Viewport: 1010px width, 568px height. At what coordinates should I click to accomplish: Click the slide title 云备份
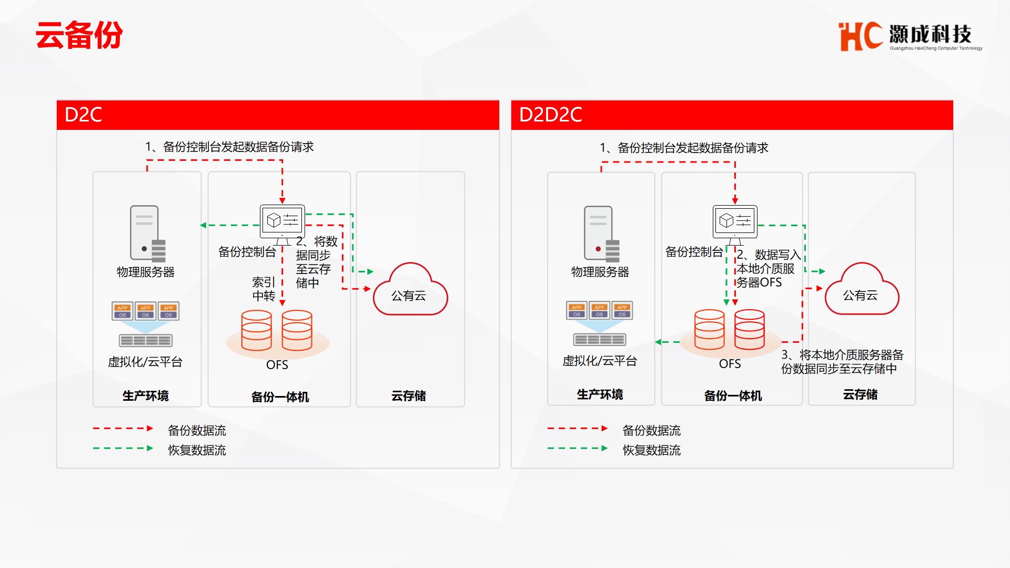pos(79,35)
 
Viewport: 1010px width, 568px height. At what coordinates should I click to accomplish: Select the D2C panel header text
pos(83,115)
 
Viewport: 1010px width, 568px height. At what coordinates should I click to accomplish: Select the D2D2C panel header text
pos(550,115)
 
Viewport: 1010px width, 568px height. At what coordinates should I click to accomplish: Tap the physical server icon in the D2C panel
pos(148,234)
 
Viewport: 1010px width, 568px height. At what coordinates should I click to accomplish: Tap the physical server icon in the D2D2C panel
pos(602,234)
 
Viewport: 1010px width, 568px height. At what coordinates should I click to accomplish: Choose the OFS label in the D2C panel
pos(277,365)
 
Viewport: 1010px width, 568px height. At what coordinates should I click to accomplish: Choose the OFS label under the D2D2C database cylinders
pos(730,364)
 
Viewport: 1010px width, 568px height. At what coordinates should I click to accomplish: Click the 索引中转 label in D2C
pos(264,289)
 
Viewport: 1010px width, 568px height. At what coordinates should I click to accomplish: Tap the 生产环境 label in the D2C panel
pos(146,395)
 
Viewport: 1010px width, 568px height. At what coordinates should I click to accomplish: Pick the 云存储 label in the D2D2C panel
pos(860,394)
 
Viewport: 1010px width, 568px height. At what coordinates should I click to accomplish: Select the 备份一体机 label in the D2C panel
pos(280,397)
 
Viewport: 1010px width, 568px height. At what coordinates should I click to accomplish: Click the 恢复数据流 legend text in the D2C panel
pos(197,450)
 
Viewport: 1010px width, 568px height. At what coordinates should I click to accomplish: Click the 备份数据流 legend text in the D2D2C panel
pos(651,431)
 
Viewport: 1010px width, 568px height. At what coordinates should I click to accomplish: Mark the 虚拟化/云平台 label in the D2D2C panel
pos(600,361)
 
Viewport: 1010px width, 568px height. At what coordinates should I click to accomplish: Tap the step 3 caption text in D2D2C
pos(842,362)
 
